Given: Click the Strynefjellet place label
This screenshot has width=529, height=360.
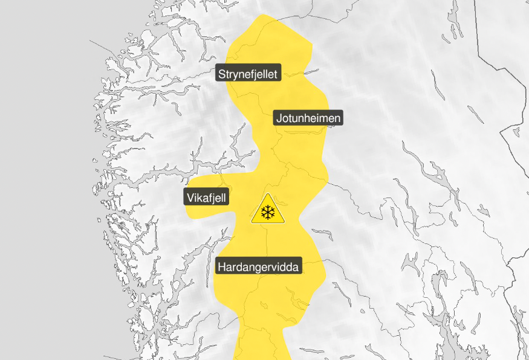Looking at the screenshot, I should pos(248,74).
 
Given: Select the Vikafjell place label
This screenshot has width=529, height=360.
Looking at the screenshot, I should pos(206,198).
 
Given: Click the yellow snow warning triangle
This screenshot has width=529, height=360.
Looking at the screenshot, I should pos(268,210).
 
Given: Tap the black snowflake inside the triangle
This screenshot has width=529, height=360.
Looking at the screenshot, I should pos(268,212).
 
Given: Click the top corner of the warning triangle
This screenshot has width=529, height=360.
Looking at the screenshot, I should pos(268,195).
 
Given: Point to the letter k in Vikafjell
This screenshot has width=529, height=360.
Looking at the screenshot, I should pos(198,198).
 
